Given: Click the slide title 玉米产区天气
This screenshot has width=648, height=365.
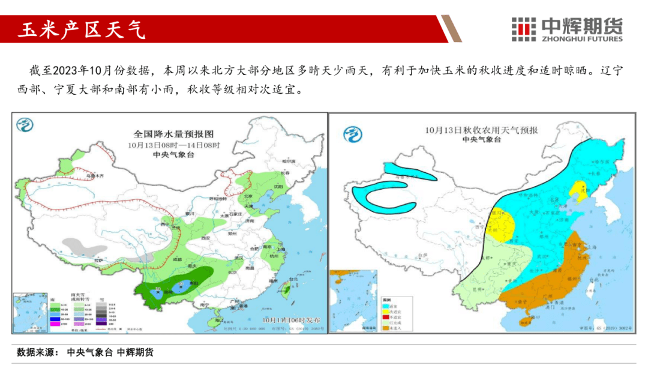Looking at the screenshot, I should [x=82, y=30].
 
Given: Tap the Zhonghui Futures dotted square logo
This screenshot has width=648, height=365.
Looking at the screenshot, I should [x=523, y=29].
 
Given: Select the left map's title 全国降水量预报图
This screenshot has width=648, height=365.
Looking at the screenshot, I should [x=173, y=134].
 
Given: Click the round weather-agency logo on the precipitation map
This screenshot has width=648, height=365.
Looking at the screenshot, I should [x=25, y=125].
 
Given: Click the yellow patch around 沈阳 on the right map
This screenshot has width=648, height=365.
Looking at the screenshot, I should [x=579, y=192].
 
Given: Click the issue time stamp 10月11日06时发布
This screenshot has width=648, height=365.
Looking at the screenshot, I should [x=290, y=319].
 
